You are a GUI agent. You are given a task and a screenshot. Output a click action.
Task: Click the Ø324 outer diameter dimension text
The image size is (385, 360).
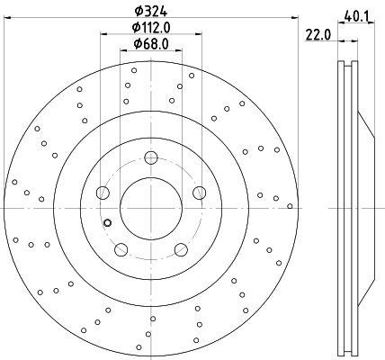(151, 11)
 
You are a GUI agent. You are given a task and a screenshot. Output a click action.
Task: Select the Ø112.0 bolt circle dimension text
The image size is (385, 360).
(151, 28)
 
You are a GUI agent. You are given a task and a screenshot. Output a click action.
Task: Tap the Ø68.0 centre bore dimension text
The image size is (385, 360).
(151, 44)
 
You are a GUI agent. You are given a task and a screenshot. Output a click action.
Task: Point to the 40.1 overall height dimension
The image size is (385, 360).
(356, 16)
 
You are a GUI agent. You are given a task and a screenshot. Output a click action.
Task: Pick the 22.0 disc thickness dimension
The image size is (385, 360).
(318, 35)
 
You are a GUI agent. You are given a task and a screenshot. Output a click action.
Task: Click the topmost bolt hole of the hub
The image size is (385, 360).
(151, 157)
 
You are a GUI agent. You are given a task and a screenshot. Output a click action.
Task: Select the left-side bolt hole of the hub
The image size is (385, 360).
(103, 193)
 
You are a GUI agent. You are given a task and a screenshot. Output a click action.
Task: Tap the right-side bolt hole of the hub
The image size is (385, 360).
(199, 193)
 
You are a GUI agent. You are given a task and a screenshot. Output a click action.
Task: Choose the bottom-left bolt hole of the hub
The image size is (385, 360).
(121, 249)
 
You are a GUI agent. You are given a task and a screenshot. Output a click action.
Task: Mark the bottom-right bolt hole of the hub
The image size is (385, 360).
(181, 249)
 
